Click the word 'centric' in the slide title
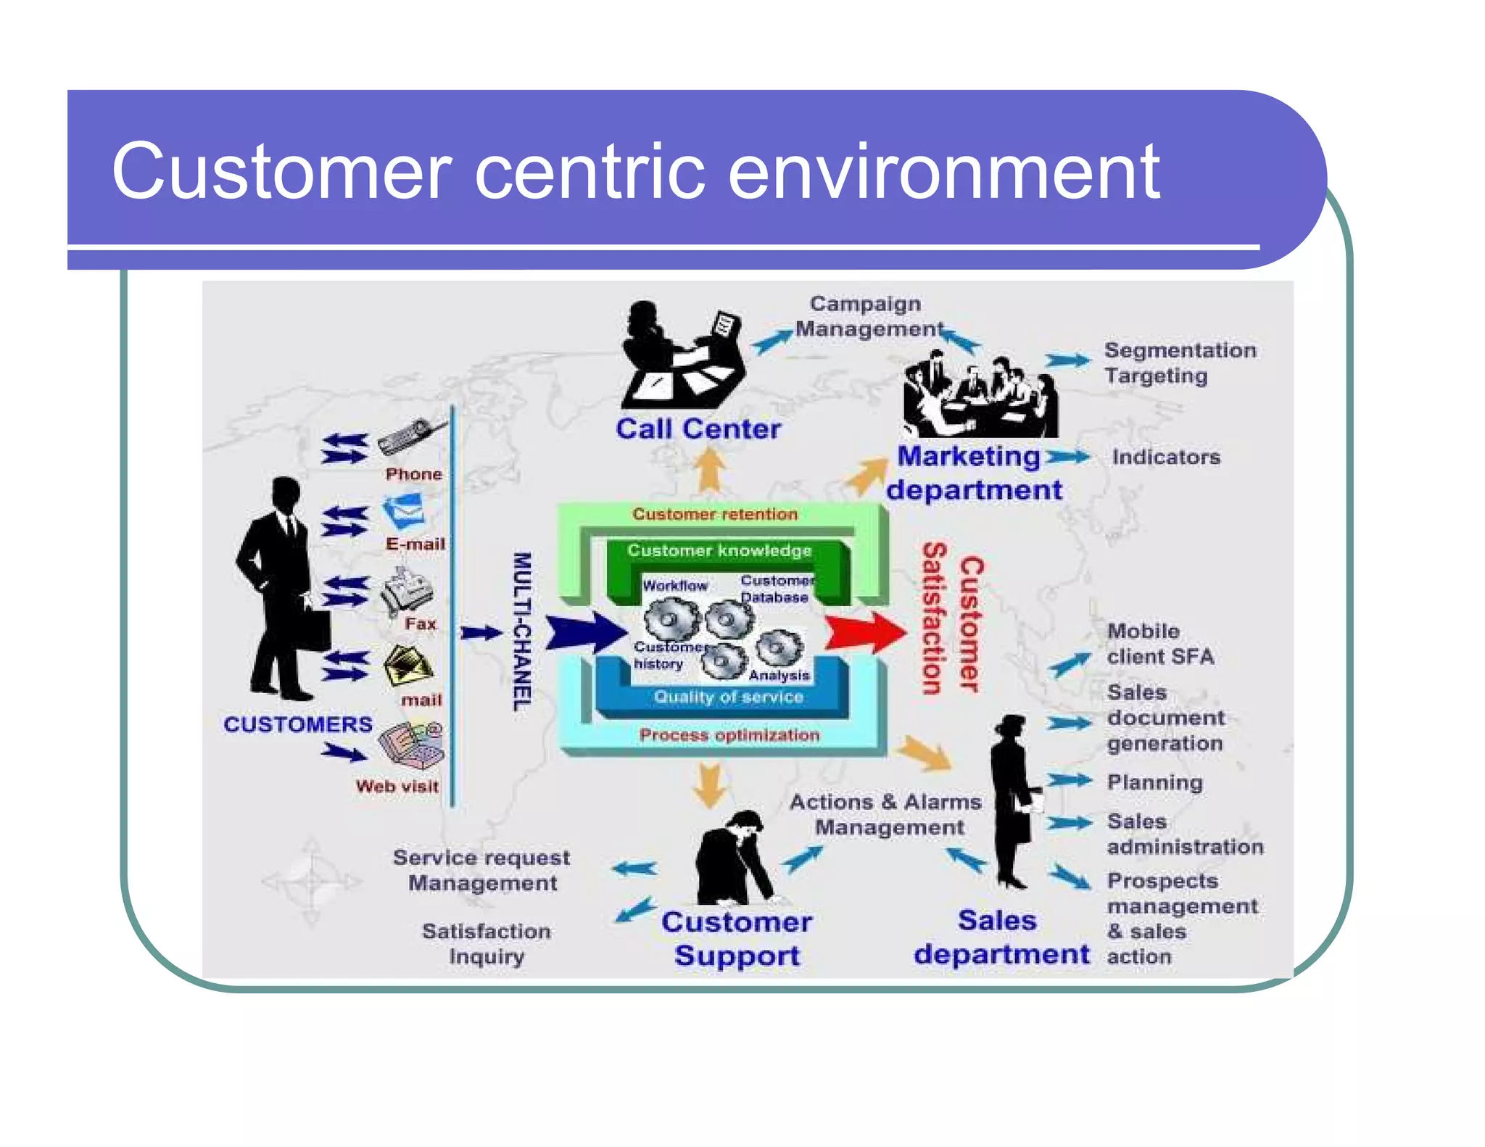click(589, 172)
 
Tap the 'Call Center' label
click(698, 428)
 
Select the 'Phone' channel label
click(413, 474)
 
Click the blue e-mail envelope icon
click(404, 511)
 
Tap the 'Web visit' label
click(397, 787)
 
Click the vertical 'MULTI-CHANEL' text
click(522, 632)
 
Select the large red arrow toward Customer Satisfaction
click(864, 632)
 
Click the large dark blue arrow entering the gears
click(584, 632)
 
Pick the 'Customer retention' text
click(714, 514)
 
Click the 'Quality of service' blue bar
click(728, 697)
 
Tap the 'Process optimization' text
click(729, 735)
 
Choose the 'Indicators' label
click(1166, 457)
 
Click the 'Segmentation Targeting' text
click(1178, 363)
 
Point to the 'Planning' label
click(1154, 782)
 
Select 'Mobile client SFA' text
click(1159, 644)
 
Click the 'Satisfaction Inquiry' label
click(486, 943)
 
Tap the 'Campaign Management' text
click(867, 316)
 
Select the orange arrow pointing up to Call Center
click(710, 470)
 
